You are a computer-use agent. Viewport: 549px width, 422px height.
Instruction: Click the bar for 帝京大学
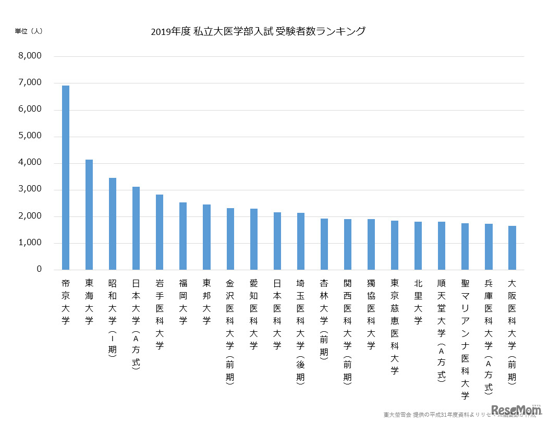click(66, 177)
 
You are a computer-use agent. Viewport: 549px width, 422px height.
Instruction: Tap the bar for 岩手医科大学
click(160, 232)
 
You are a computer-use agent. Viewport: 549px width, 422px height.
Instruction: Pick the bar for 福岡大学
click(183, 236)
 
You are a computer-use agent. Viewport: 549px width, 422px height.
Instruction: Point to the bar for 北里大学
click(418, 246)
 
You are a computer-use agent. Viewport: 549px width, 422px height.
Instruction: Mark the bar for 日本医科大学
click(277, 241)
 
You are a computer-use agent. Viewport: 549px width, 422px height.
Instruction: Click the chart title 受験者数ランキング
click(258, 32)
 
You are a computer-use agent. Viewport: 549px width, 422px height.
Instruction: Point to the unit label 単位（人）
click(29, 31)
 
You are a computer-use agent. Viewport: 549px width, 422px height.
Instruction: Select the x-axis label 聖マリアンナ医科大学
click(465, 339)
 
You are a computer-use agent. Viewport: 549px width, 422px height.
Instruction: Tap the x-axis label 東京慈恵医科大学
click(395, 327)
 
